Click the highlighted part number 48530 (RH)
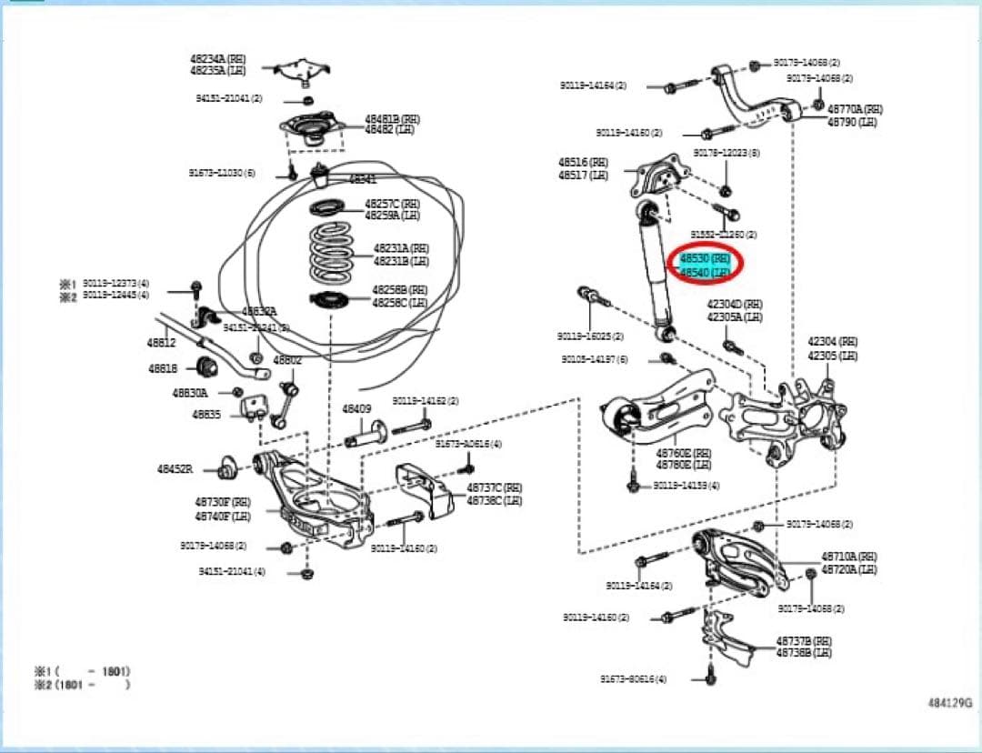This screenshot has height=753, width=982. coord(706,259)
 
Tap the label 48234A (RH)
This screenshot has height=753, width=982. coord(218,58)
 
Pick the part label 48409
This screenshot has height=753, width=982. coord(357,409)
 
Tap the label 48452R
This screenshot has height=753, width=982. coord(175,469)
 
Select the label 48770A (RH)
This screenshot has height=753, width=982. coord(855,109)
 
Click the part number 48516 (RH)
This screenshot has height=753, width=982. coord(583,162)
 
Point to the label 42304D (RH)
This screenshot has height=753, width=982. coord(735,305)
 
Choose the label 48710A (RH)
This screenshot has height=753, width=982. coord(849,556)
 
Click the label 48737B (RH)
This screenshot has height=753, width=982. coord(804,640)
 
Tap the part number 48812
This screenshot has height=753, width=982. coord(162,342)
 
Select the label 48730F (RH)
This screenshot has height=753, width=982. coord(222,501)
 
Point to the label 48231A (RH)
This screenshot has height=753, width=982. coord(401,247)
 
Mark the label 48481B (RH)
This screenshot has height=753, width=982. coord(393,118)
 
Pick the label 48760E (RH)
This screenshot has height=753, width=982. coord(684,452)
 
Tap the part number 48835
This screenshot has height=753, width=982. coord(206,414)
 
